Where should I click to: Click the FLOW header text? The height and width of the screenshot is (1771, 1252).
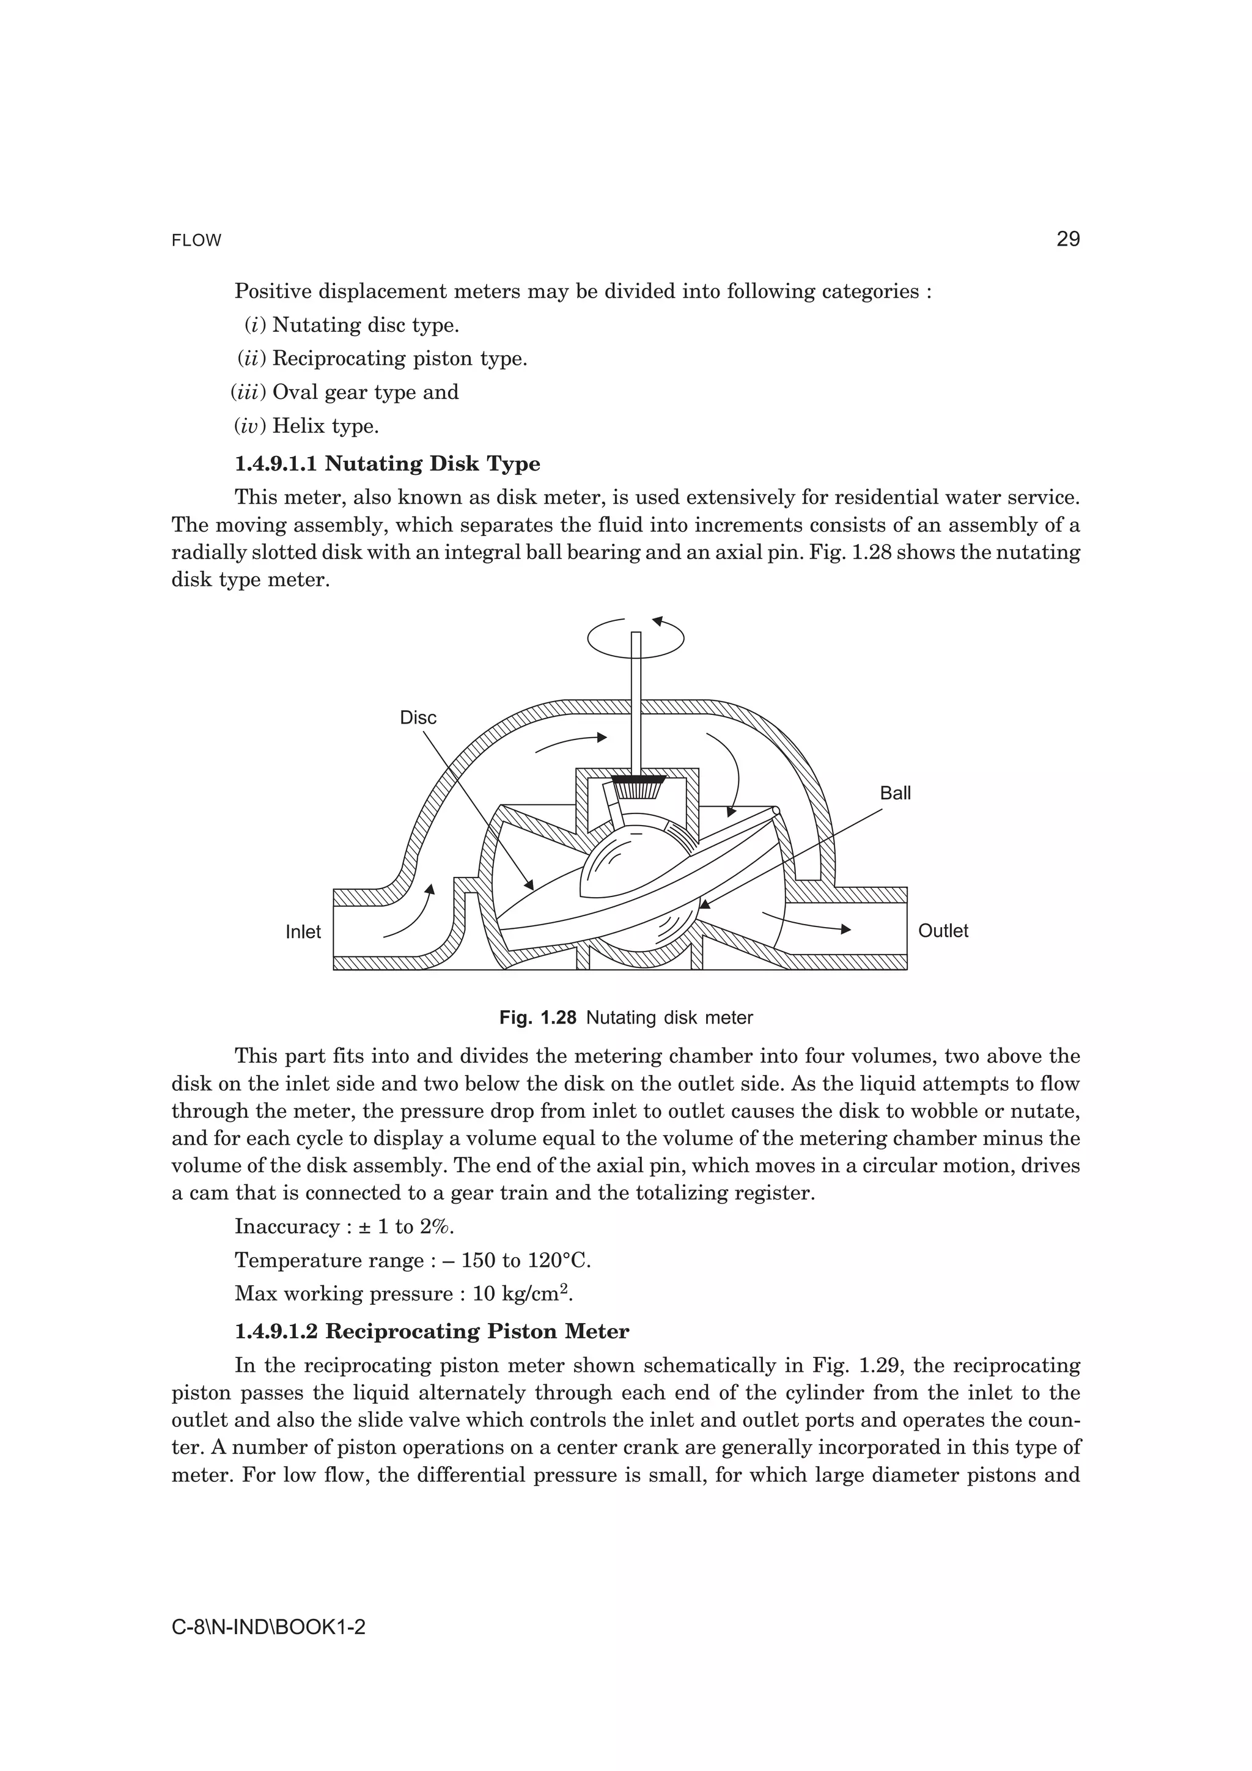196,241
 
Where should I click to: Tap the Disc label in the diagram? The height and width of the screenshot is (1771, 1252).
418,717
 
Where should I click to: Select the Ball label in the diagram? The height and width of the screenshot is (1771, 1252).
895,793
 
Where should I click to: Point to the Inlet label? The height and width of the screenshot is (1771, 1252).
303,932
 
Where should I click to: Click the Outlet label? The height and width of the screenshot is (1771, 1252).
943,930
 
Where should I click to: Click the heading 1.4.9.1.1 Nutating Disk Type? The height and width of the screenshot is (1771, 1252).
386,464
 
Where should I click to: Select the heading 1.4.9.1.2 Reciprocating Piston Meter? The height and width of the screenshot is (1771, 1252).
431,1332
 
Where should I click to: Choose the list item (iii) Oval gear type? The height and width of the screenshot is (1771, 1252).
345,392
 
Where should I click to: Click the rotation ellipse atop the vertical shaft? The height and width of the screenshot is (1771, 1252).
636,638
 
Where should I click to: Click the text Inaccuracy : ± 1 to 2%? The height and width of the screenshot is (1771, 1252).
344,1226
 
